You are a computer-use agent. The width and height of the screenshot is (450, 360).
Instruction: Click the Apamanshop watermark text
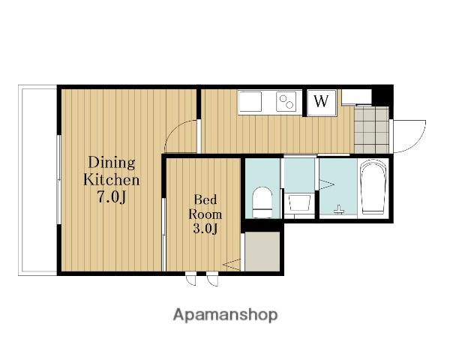click(225, 315)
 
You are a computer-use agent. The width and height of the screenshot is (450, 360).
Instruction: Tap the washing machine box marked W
click(321, 103)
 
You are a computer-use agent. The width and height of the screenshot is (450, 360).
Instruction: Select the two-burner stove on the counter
click(286, 102)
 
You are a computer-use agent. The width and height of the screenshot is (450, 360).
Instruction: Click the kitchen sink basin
click(250, 101)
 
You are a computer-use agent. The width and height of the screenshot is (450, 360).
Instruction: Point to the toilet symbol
click(262, 202)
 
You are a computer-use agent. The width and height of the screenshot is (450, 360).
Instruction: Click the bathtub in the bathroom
click(373, 188)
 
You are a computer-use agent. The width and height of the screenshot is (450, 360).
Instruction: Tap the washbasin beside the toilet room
click(299, 203)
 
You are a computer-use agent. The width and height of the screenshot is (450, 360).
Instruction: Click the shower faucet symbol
click(339, 209)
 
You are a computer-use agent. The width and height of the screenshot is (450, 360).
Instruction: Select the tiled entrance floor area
click(371, 130)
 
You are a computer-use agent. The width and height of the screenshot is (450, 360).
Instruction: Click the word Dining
click(112, 163)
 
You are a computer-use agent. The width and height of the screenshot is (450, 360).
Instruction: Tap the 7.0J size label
click(112, 197)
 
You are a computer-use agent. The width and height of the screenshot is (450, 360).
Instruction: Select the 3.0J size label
click(205, 228)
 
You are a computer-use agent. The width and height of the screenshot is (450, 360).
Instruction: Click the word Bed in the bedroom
click(205, 199)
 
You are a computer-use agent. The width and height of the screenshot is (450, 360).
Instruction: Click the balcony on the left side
click(38, 180)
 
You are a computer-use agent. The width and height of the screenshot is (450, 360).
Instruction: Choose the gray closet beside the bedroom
click(262, 251)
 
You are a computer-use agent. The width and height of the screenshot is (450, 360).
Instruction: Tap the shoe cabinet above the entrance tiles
click(356, 97)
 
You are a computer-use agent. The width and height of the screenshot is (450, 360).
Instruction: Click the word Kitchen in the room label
click(112, 180)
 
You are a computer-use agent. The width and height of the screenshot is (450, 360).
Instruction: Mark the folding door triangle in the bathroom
click(327, 184)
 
